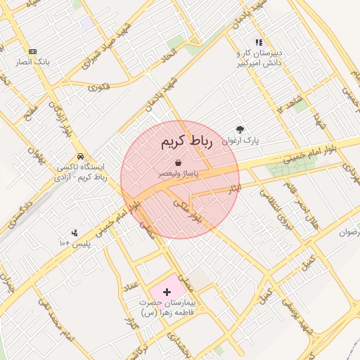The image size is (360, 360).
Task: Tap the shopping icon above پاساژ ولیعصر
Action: pyautogui.click(x=181, y=162)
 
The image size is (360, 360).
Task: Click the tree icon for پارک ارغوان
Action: pyautogui.click(x=240, y=129)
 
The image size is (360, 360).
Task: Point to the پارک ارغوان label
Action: pyautogui.click(x=240, y=141)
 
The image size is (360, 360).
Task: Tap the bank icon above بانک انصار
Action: pyautogui.click(x=32, y=51)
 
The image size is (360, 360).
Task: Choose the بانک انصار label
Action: pyautogui.click(x=32, y=62)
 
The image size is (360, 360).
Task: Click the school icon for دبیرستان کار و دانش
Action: pyautogui.click(x=259, y=43)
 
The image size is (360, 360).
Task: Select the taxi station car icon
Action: pyautogui.click(x=81, y=156)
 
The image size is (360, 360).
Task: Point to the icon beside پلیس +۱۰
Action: pyautogui.click(x=75, y=233)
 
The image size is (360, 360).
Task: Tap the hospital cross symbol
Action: pyautogui.click(x=167, y=291)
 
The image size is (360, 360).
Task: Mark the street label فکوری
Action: pyautogui.click(x=99, y=87)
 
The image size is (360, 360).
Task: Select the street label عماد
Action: pyautogui.click(x=131, y=288)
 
